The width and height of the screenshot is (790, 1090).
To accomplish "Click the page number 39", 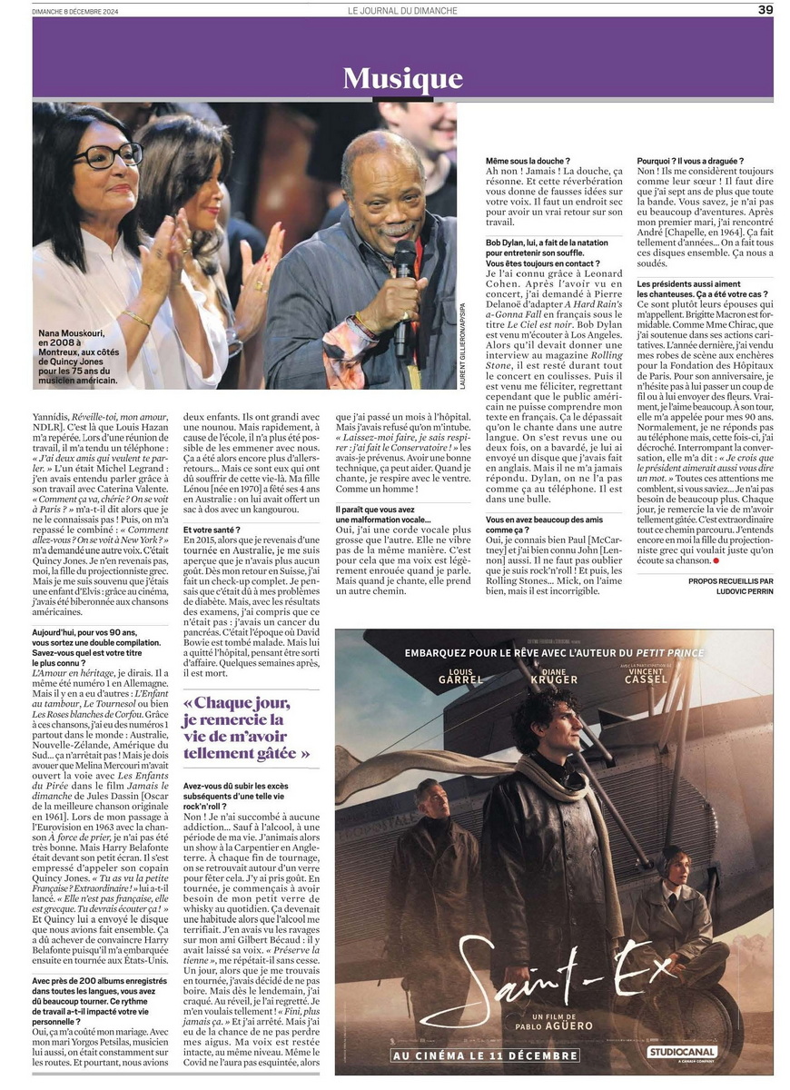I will (x=765, y=10).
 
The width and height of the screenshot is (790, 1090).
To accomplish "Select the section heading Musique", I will (x=402, y=78).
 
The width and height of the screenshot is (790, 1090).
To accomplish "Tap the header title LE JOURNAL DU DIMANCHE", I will (x=402, y=11).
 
